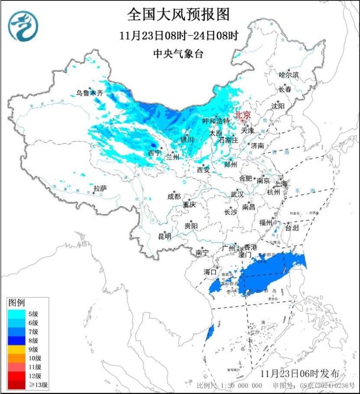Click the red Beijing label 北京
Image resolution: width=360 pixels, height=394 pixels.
tap(242, 115)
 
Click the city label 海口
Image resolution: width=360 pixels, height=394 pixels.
tap(210, 271)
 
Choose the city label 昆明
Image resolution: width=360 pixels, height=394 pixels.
tap(165, 236)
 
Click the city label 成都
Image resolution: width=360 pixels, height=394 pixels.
tap(174, 196)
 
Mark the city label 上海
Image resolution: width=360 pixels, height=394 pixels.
tap(281, 184)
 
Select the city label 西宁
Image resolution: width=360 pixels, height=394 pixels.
tap(154, 153)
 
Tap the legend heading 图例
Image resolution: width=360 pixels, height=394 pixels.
tap(17, 302)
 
